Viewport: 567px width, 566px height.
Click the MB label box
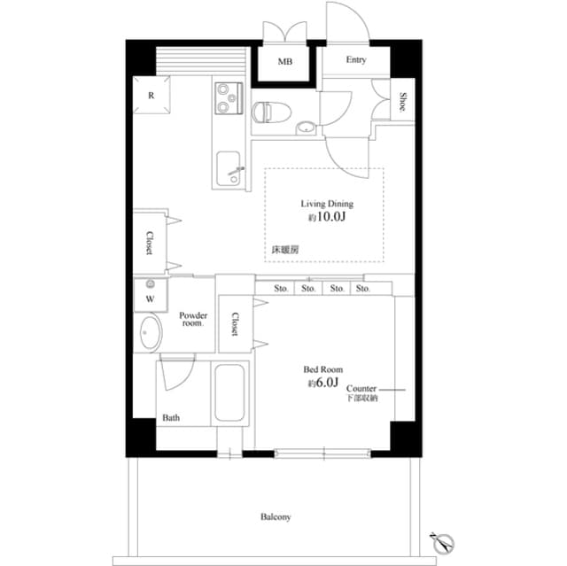[284, 62]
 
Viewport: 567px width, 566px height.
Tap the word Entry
[356, 60]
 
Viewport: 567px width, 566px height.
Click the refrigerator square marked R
[151, 96]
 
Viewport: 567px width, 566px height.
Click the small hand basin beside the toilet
[305, 127]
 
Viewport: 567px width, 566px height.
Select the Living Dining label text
[327, 203]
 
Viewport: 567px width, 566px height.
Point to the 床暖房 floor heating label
[285, 251]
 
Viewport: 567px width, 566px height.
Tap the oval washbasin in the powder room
[150, 336]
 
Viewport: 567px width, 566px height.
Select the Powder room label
[192, 319]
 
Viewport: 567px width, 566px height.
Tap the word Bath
[171, 418]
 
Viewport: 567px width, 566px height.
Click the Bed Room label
[323, 369]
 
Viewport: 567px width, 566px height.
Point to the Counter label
[361, 389]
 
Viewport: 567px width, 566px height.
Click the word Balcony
[276, 516]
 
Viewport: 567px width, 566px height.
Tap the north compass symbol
[445, 541]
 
